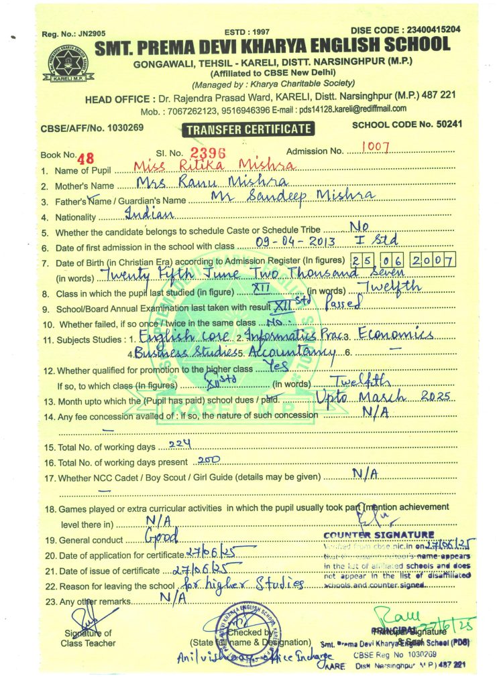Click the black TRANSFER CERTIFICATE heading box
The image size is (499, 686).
(x=249, y=129)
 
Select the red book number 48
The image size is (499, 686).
(x=86, y=158)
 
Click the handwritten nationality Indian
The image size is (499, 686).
(x=149, y=214)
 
